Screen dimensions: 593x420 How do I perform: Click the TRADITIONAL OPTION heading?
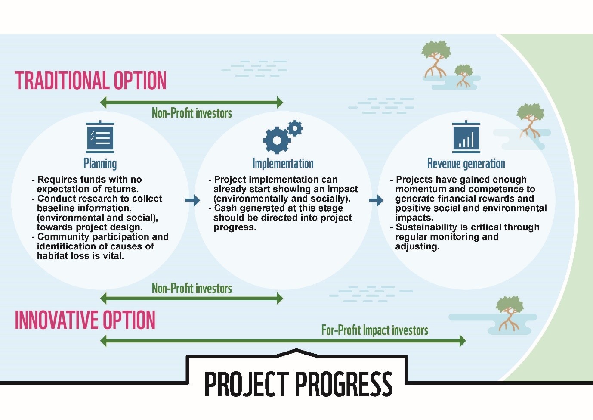90,80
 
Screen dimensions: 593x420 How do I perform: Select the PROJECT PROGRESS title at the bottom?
298,384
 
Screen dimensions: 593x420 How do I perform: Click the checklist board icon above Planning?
100,137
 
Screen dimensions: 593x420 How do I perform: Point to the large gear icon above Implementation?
277,140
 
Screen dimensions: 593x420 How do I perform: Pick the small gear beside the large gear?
295,128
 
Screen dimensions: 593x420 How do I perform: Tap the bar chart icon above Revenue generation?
466,137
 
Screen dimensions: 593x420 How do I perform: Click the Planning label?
100,163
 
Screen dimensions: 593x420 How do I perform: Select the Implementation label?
283,163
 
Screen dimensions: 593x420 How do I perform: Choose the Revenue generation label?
466,163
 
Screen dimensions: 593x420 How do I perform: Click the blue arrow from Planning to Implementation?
193,200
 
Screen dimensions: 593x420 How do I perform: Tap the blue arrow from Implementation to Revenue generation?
376,200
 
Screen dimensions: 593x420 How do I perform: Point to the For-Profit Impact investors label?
374,330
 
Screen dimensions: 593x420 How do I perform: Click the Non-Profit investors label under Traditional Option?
192,113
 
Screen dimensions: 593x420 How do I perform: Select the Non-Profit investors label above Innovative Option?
192,288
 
